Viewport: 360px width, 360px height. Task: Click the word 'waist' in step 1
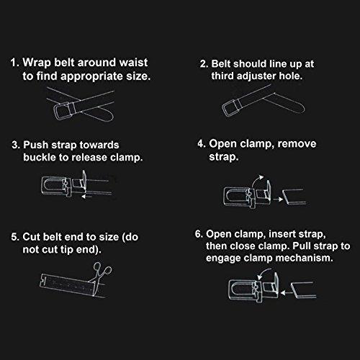[x=133, y=63]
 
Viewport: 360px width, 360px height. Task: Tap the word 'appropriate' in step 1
[x=91, y=77]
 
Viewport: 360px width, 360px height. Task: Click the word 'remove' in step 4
[x=297, y=144]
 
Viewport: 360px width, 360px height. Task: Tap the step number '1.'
[x=14, y=63]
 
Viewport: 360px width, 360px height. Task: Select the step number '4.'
[x=202, y=144]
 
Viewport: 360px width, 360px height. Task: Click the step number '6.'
[x=199, y=234]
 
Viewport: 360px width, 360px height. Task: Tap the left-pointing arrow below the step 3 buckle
[x=87, y=197]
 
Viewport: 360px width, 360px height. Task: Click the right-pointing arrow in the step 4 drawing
[x=278, y=199]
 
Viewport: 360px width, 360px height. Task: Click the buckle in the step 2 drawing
[x=232, y=107]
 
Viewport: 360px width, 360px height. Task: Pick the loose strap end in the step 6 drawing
[x=303, y=290]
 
